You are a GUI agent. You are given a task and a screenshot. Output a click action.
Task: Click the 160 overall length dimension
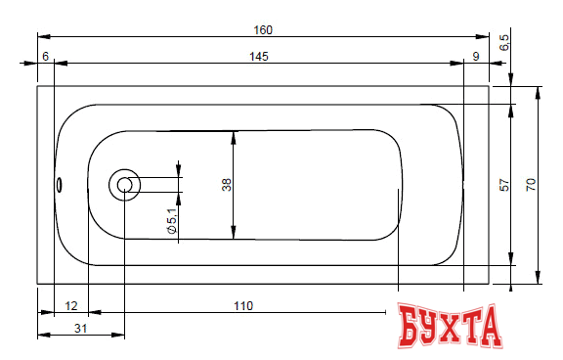(263, 30)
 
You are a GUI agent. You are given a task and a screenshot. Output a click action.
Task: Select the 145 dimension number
(259, 57)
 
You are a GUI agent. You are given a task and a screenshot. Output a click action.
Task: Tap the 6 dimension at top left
(45, 57)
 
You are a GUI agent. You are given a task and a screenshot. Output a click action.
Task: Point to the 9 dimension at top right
(476, 57)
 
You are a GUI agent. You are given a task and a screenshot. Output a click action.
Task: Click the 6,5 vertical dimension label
(504, 42)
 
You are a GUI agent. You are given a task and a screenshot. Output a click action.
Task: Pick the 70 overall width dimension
(531, 185)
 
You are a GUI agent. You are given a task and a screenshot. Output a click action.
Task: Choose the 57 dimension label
(504, 185)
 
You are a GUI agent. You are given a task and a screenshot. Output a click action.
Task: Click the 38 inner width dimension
(227, 185)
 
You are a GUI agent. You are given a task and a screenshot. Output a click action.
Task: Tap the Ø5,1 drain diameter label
(172, 221)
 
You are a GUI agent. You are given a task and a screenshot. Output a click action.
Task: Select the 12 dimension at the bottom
(71, 306)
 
